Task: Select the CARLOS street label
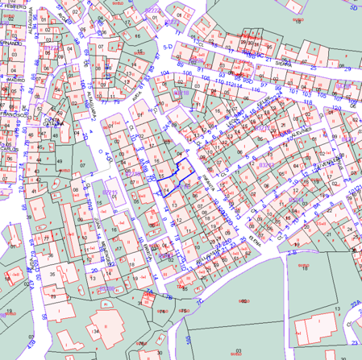[9, 149]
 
